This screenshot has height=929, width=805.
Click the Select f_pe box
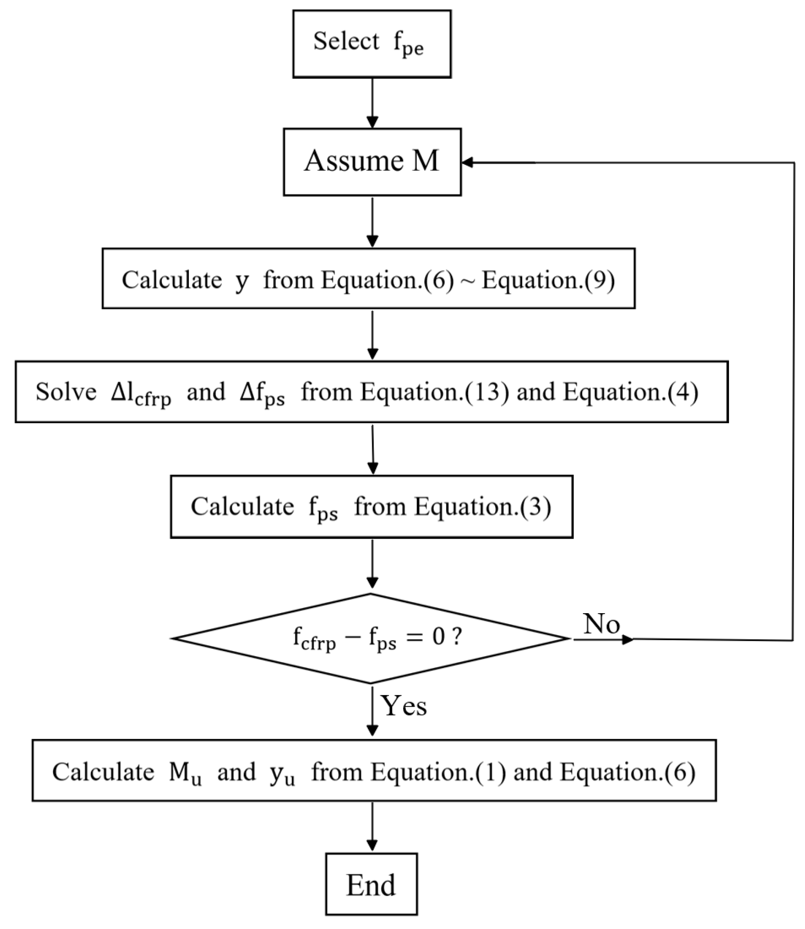coord(372,44)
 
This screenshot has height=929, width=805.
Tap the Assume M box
coord(372,162)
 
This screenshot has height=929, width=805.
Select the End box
coord(371,884)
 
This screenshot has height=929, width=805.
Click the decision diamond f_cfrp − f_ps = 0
coord(371,638)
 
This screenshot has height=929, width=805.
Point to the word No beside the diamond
coord(602,624)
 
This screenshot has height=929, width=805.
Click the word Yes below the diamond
coord(404,706)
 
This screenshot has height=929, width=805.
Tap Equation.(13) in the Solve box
coord(435,392)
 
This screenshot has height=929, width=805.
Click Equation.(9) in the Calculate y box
coord(548,280)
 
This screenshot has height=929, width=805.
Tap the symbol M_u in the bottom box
coord(185,773)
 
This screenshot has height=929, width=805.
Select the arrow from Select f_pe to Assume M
coord(372,102)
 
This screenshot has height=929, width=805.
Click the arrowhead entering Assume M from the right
coord(468,162)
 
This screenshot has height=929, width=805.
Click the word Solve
coord(66,392)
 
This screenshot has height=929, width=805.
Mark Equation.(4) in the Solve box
coord(631,392)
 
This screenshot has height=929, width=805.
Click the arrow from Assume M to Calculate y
coord(372,221)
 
